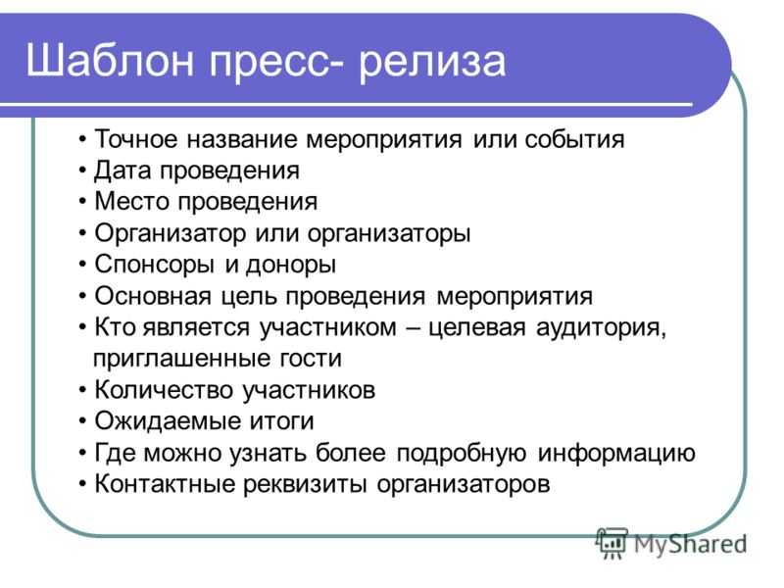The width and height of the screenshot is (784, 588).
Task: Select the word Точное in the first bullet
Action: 136,138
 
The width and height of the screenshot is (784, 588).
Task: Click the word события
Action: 574,139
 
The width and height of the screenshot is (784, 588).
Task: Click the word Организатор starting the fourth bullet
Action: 170,233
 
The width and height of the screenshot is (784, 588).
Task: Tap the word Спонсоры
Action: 152,265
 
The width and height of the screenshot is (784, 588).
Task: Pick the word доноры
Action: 290,265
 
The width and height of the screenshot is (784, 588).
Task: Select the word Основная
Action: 153,296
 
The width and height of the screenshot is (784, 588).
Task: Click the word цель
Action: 248,297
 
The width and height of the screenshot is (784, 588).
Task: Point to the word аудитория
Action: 601,328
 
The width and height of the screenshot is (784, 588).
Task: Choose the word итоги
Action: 278,421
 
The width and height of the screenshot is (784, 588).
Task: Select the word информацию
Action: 616,454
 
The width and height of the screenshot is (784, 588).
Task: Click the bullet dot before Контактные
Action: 82,484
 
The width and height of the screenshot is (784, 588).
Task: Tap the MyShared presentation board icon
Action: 612,543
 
